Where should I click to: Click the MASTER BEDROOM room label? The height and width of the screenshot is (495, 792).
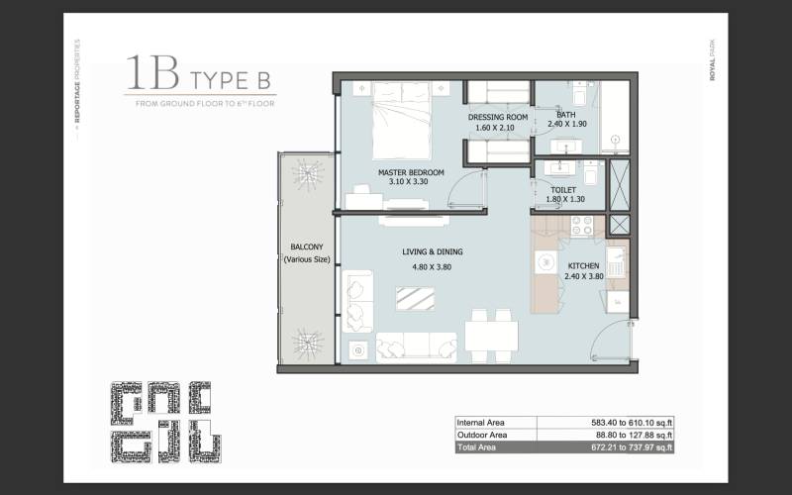coord(411,172)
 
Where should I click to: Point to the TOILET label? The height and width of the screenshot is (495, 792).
coord(563,188)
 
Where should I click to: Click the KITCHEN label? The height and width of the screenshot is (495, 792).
coord(583,265)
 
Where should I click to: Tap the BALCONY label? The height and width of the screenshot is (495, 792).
coord(306,247)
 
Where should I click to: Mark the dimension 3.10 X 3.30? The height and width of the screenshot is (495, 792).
coord(411,183)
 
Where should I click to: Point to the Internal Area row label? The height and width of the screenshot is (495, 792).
coord(482,421)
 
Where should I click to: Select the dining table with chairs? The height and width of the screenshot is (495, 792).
coord(491,334)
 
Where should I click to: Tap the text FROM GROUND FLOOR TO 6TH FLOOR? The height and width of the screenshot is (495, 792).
coord(205,103)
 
